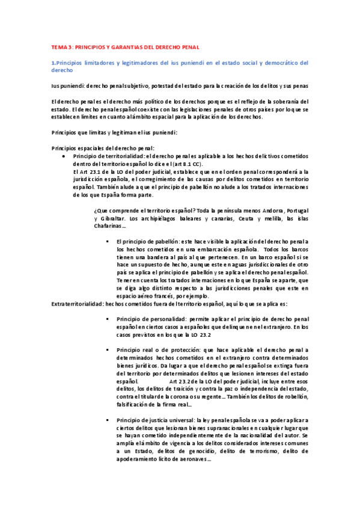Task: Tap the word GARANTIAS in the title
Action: pyautogui.click(x=135, y=47)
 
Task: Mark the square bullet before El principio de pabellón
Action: pyautogui.click(x=107, y=241)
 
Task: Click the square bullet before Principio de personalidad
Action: pyautogui.click(x=107, y=319)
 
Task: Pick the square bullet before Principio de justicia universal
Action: pyautogui.click(x=107, y=420)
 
